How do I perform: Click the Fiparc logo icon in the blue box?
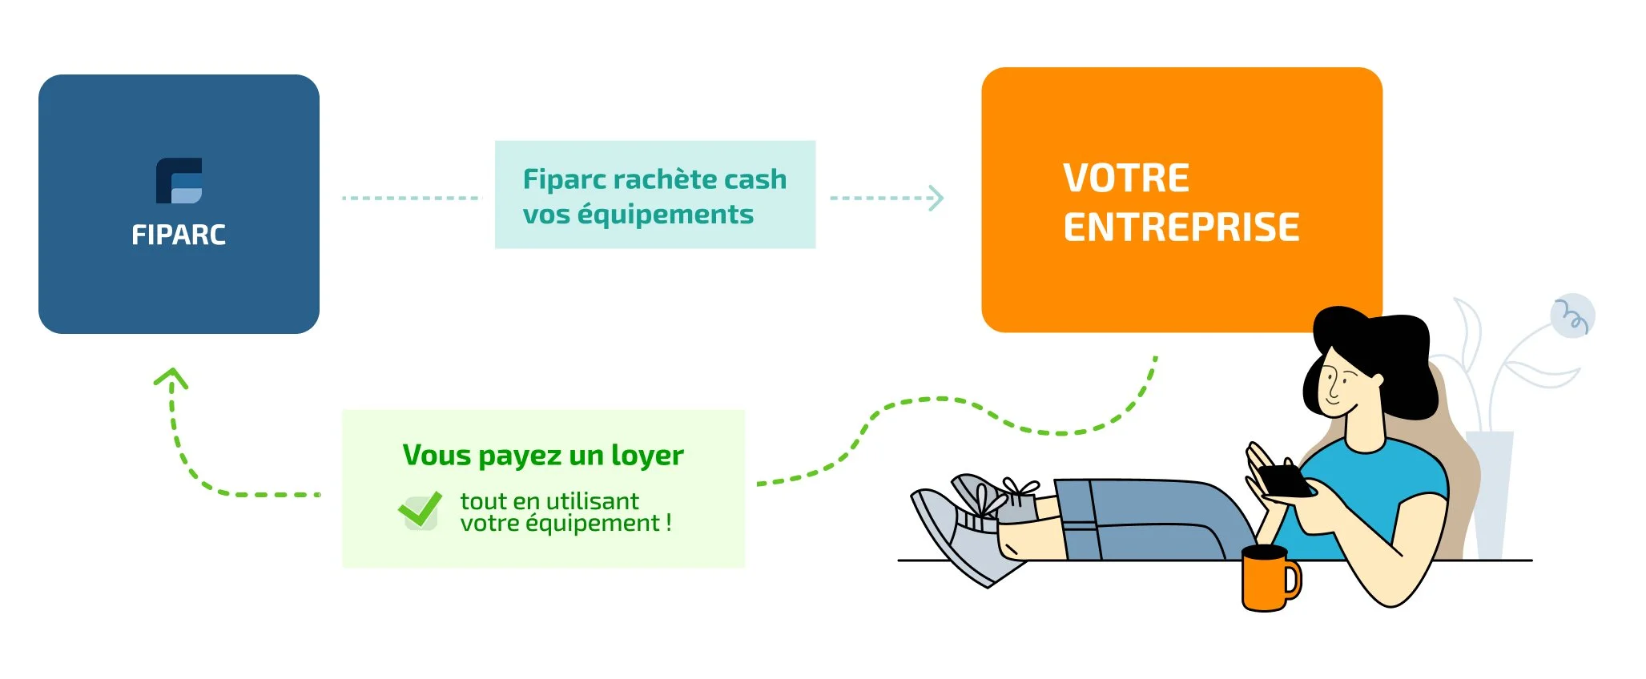pyautogui.click(x=179, y=181)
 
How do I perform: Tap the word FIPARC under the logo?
pyautogui.click(x=179, y=235)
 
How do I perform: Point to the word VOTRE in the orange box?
pyautogui.click(x=1125, y=178)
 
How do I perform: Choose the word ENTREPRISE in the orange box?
pyautogui.click(x=1181, y=227)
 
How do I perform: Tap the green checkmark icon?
pyautogui.click(x=420, y=509)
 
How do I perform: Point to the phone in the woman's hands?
pyautogui.click(x=1286, y=481)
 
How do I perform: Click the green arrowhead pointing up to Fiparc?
pyautogui.click(x=171, y=377)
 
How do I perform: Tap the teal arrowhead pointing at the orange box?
pyautogui.click(x=936, y=198)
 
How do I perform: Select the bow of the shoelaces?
pyautogui.click(x=1017, y=488)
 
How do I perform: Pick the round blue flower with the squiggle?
pyautogui.click(x=1572, y=315)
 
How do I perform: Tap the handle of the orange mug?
pyautogui.click(x=1293, y=581)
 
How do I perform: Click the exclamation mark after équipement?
pyautogui.click(x=668, y=524)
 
